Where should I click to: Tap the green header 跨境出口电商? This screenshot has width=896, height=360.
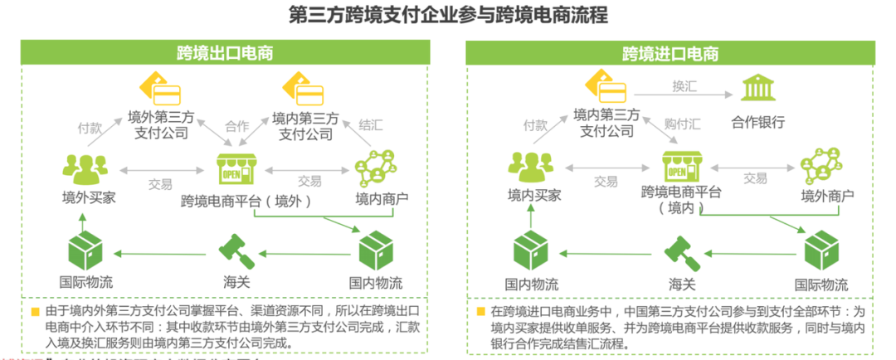[x=225, y=54]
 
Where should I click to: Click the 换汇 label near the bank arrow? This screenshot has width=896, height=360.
[x=685, y=85]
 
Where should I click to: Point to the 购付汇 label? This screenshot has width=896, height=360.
[x=682, y=125]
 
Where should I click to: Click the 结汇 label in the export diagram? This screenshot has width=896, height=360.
[x=370, y=126]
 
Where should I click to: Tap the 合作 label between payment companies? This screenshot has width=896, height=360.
[x=237, y=127]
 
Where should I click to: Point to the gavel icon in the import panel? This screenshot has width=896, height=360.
[x=682, y=250]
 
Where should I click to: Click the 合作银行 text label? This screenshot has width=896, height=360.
[x=757, y=123]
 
